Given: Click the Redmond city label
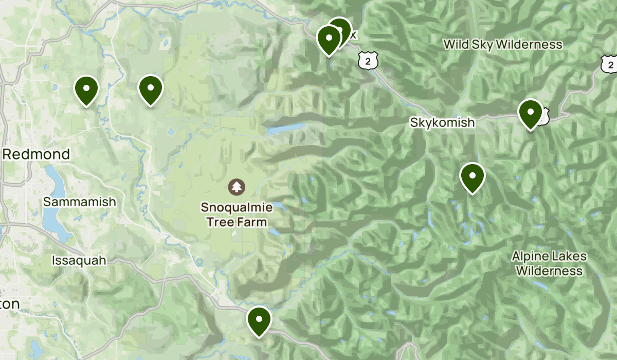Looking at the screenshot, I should click(x=36, y=154).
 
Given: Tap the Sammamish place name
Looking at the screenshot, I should click(x=79, y=202).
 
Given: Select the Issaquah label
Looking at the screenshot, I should click(x=79, y=260).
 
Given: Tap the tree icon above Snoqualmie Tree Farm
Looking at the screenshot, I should click(x=237, y=186).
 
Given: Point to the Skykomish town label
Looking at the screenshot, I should click(x=442, y=122).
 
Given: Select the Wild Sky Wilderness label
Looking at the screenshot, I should click(x=502, y=45).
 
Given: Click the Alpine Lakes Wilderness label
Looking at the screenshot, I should click(x=549, y=263).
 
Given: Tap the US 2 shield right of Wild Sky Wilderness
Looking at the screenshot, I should click(x=609, y=64).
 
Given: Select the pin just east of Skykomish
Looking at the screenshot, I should click(x=530, y=113).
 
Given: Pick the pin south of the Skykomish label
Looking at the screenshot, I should click(x=472, y=176).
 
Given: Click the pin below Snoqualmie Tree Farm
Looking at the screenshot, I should click(x=259, y=320).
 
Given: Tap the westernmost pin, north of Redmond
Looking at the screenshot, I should click(x=86, y=89).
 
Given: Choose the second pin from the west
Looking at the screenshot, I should click(x=150, y=89).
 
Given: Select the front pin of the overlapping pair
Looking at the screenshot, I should click(x=329, y=39).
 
